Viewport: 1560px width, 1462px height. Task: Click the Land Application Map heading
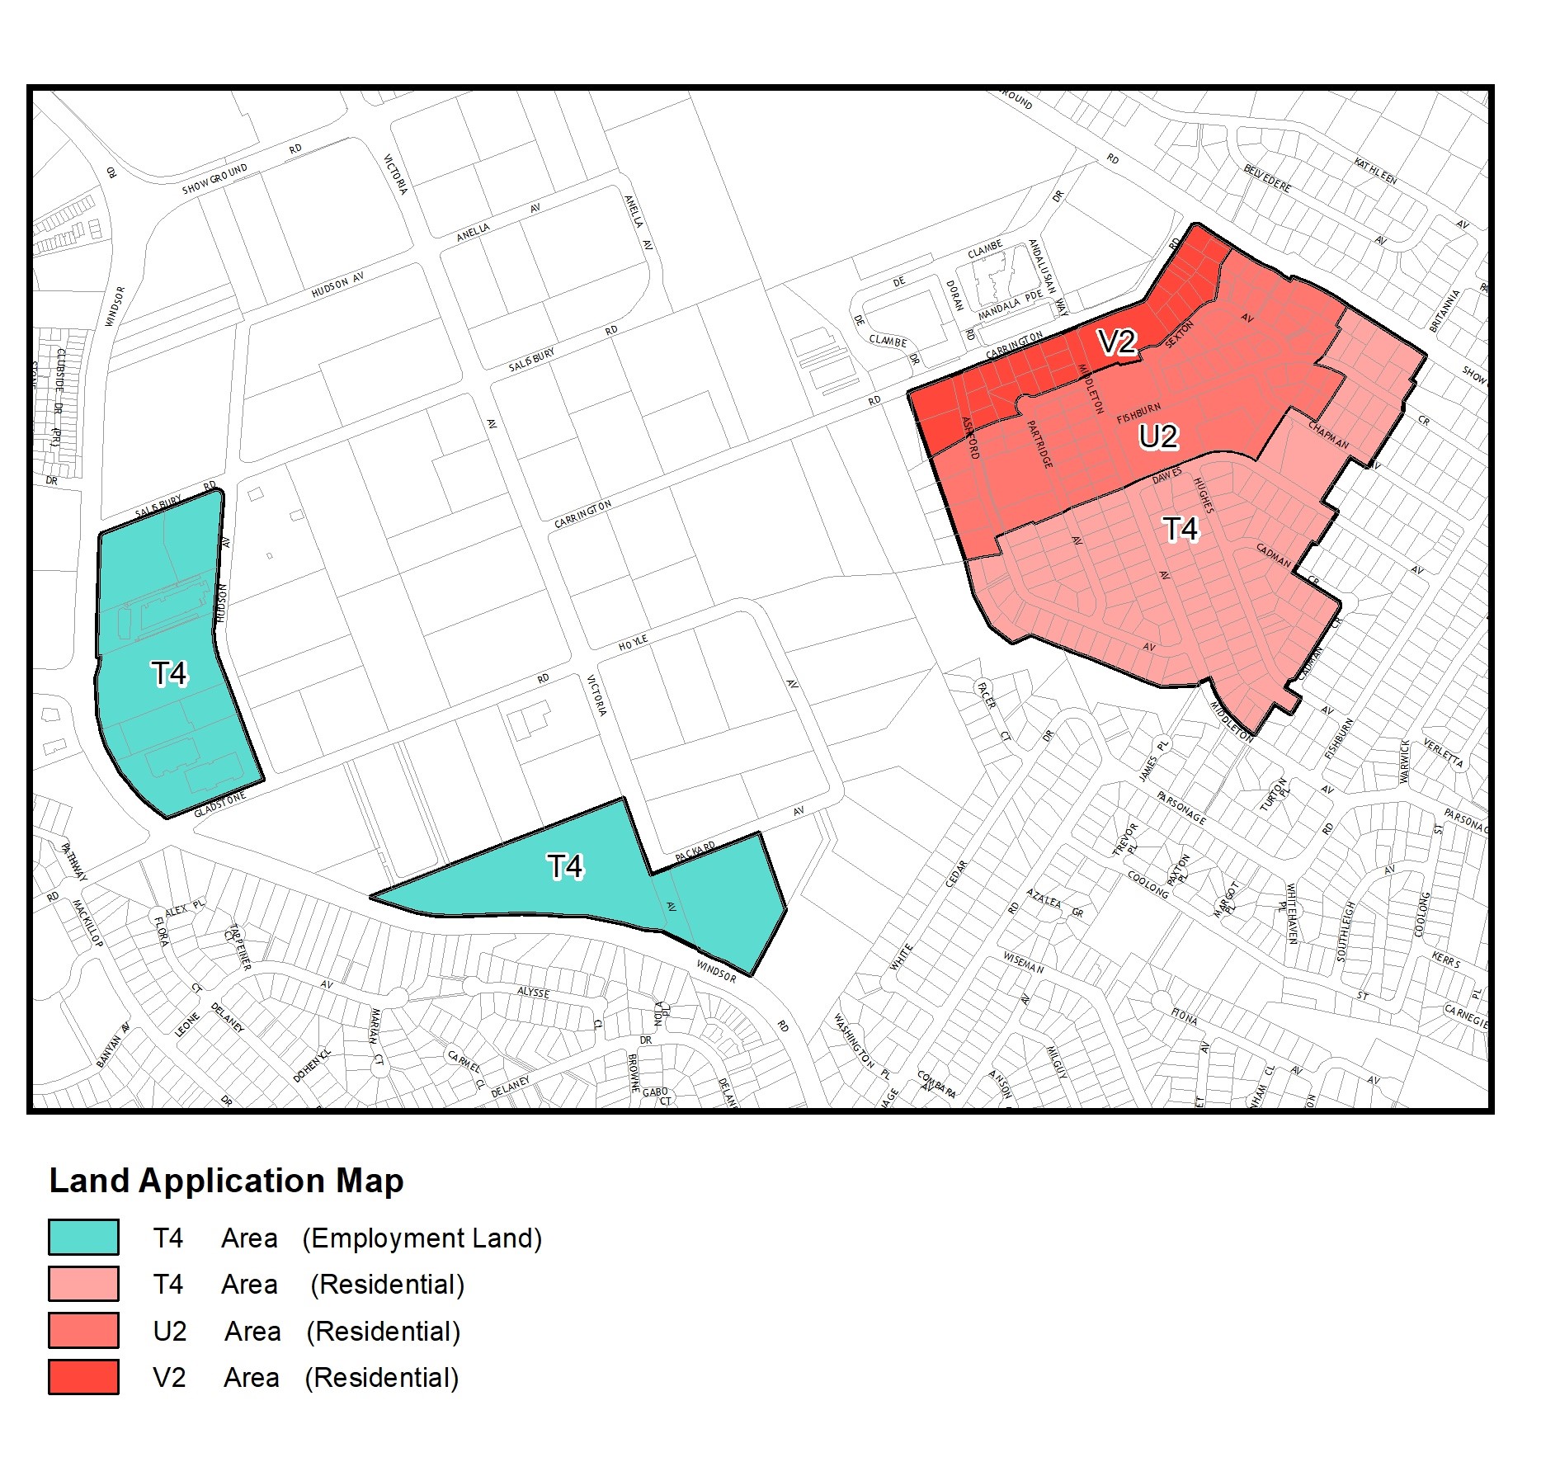click(x=227, y=1181)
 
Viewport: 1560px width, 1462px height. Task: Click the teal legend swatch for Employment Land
click(x=83, y=1238)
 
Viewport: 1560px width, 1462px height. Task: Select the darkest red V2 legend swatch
click(x=83, y=1377)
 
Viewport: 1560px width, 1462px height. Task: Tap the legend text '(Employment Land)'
click(x=422, y=1238)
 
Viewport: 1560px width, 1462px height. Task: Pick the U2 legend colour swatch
click(x=83, y=1331)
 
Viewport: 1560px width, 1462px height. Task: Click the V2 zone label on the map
click(x=1117, y=342)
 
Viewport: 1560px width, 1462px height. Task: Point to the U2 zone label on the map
click(x=1158, y=436)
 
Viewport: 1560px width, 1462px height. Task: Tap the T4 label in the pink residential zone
click(x=1180, y=529)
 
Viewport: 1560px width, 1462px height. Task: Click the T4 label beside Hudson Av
click(x=170, y=674)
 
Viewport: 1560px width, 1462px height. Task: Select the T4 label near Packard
click(x=565, y=866)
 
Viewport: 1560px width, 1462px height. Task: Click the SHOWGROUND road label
click(x=214, y=179)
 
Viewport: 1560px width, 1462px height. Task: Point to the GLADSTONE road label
click(x=220, y=804)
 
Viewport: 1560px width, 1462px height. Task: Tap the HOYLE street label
click(x=634, y=643)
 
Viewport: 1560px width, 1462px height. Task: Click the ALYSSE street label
click(x=533, y=992)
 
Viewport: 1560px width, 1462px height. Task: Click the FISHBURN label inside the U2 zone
click(x=1138, y=413)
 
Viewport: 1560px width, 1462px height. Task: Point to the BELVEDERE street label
click(x=1267, y=178)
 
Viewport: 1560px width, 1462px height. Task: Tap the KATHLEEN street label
click(x=1375, y=171)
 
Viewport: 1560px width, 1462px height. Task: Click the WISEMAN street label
click(x=1024, y=963)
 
